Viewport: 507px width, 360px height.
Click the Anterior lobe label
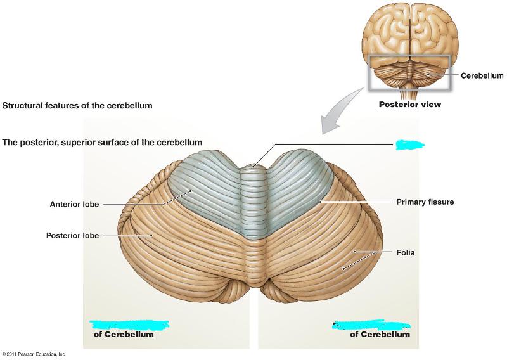point(75,204)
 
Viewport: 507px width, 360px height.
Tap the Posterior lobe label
point(72,236)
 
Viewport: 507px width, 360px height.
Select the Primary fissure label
point(425,202)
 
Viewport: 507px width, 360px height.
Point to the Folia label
point(406,252)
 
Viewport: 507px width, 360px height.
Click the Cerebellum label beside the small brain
point(482,75)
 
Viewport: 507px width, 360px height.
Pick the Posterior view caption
point(409,105)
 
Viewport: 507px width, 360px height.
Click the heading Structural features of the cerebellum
point(77,105)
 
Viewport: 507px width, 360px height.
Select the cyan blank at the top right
point(409,144)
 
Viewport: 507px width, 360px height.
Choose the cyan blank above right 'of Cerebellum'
point(359,325)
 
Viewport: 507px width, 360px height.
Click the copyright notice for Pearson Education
point(33,354)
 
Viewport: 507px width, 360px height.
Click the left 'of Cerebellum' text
point(124,335)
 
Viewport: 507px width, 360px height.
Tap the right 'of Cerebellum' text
point(380,335)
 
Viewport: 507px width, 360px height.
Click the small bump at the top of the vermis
point(253,167)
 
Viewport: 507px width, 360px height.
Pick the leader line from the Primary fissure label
point(355,202)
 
